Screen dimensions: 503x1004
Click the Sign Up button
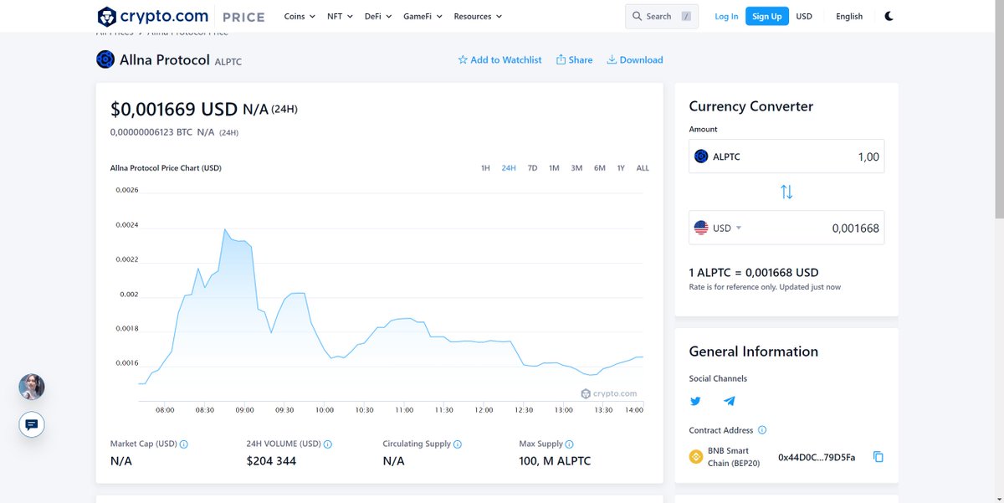766,16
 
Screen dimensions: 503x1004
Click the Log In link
726,16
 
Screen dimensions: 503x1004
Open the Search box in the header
661,16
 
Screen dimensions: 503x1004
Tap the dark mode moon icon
889,16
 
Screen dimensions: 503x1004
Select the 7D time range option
532,168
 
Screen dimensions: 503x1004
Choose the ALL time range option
643,168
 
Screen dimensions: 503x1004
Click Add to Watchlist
499,60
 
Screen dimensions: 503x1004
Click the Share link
574,60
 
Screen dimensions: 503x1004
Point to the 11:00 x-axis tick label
404,410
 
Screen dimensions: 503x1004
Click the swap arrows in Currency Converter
786,192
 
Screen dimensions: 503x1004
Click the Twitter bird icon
695,401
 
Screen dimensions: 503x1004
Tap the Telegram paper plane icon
730,401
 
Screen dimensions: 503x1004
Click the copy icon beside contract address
878,457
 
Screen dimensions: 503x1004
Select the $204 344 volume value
271,461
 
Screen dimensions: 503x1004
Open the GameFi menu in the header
423,16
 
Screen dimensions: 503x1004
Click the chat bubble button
32,424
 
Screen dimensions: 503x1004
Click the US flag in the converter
701,228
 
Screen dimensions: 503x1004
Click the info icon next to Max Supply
570,444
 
